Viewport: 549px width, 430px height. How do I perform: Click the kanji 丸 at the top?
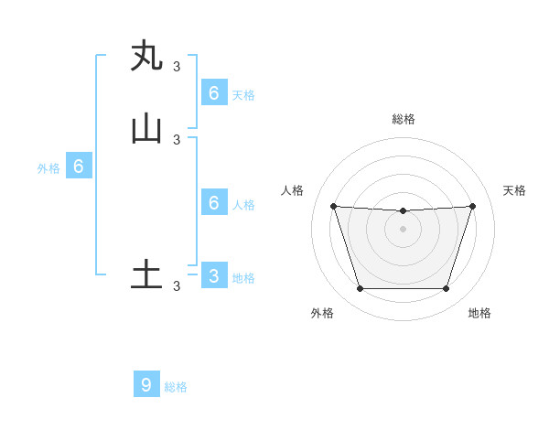coord(146,57)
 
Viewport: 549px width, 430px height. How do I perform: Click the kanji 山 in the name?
coord(146,129)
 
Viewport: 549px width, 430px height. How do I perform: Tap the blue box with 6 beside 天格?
coord(214,92)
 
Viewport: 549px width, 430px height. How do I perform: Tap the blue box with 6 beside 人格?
coord(214,202)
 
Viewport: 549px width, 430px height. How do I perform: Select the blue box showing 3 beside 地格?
coord(214,275)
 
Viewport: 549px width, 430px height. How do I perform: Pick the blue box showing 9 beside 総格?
coord(146,384)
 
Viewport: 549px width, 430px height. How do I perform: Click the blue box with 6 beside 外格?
coord(79,167)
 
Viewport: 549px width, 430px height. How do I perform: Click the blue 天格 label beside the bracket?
coord(243,95)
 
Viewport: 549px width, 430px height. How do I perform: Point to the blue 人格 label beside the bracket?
coord(243,205)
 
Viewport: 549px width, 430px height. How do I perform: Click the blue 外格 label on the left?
coord(48,168)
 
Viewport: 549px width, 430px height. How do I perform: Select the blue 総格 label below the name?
coord(176,387)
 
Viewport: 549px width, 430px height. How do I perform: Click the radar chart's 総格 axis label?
coord(404,119)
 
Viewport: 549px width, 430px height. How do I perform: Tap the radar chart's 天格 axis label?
coord(514,190)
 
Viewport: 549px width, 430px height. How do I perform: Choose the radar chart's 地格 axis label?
coord(479,313)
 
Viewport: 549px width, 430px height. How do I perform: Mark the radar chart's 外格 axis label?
coord(322,313)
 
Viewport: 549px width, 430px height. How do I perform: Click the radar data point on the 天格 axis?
coord(472,206)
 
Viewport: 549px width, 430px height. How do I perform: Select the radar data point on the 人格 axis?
coord(334,206)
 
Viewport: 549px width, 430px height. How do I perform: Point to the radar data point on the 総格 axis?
coord(403,211)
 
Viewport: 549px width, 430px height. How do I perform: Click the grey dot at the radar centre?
coord(403,229)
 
